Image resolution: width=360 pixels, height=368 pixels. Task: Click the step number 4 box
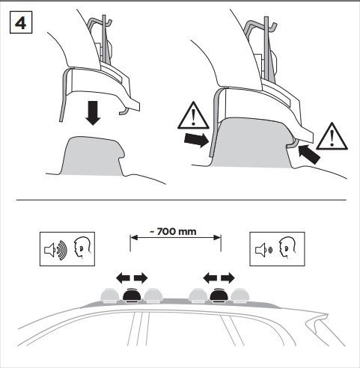[21, 22]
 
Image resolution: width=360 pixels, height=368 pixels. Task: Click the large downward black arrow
[93, 113]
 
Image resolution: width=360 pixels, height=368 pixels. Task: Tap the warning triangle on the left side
[193, 116]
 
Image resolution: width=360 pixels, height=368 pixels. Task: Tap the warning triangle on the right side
[332, 136]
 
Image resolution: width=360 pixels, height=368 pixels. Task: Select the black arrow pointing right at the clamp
[196, 140]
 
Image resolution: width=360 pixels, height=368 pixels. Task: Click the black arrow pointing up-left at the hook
[309, 154]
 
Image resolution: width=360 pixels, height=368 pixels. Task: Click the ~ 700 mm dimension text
[173, 232]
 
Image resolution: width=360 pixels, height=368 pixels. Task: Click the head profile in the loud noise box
[82, 248]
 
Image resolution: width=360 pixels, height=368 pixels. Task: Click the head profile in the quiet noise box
[287, 248]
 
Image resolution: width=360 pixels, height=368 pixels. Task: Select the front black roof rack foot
[132, 295]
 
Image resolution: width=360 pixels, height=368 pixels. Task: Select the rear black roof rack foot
[219, 295]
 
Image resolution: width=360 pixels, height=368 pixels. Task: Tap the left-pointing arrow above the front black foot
[123, 277]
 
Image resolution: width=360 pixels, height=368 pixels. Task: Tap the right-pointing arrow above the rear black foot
[228, 277]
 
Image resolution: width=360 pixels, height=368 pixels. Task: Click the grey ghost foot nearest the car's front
[109, 295]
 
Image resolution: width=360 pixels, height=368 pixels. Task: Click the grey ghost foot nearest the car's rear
[240, 295]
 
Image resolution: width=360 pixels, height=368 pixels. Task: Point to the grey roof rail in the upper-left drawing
[92, 156]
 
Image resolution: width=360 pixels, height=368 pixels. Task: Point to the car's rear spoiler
[317, 319]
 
